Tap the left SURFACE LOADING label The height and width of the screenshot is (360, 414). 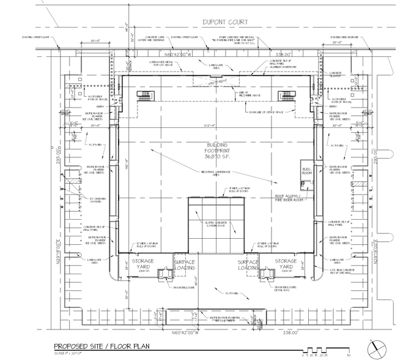(x=185, y=265)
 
